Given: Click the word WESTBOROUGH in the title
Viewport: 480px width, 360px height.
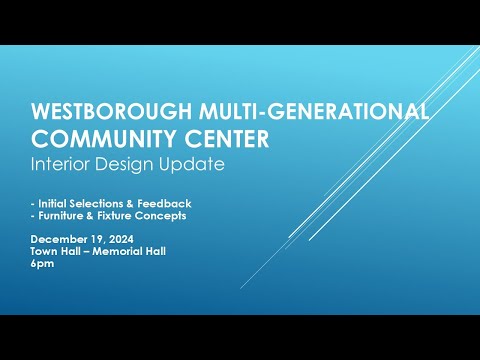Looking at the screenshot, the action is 111,111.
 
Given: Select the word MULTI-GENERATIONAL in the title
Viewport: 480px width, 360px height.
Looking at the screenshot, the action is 313,111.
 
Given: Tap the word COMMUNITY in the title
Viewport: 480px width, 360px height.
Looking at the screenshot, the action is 105,139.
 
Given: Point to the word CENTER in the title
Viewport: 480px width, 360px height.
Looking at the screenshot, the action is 227,139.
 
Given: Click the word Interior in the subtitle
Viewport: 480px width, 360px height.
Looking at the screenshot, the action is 60,164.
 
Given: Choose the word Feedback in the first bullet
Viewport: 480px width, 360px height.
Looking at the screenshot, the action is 164,203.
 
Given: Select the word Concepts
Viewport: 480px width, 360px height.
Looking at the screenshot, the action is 160,216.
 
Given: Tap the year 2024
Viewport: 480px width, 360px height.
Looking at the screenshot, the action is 121,239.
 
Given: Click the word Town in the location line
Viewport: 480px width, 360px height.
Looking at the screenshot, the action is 43,251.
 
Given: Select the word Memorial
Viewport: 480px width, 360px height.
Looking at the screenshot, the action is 117,251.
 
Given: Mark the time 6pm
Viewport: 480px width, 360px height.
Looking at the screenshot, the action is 42,264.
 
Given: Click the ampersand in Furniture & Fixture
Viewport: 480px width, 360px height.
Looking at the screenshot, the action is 90,216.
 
